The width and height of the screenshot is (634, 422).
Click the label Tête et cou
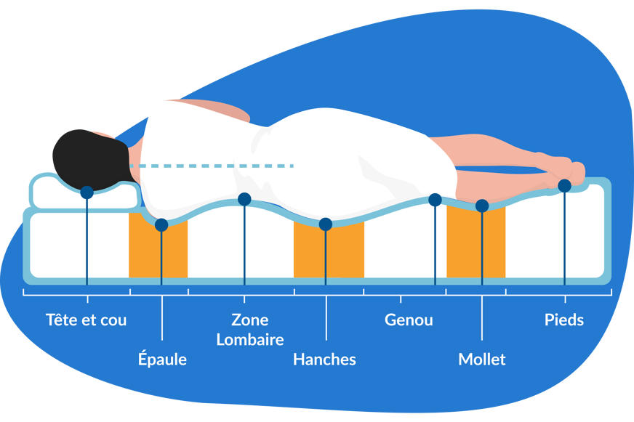(86, 320)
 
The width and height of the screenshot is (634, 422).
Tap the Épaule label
(162, 359)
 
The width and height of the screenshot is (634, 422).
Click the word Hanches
(324, 359)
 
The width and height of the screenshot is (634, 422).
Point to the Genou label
(409, 320)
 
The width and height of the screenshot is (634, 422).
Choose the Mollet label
(481, 359)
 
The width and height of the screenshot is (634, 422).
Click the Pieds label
(564, 320)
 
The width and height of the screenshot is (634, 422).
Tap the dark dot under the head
(87, 192)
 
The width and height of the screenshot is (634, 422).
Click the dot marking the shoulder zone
(161, 225)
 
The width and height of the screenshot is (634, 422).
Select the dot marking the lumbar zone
(244, 199)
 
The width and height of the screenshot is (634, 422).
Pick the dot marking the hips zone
(326, 224)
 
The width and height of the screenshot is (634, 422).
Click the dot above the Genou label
(435, 200)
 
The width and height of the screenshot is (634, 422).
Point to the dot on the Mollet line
(482, 206)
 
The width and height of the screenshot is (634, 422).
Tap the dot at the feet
(564, 186)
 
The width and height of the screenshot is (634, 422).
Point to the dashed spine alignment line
(218, 166)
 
